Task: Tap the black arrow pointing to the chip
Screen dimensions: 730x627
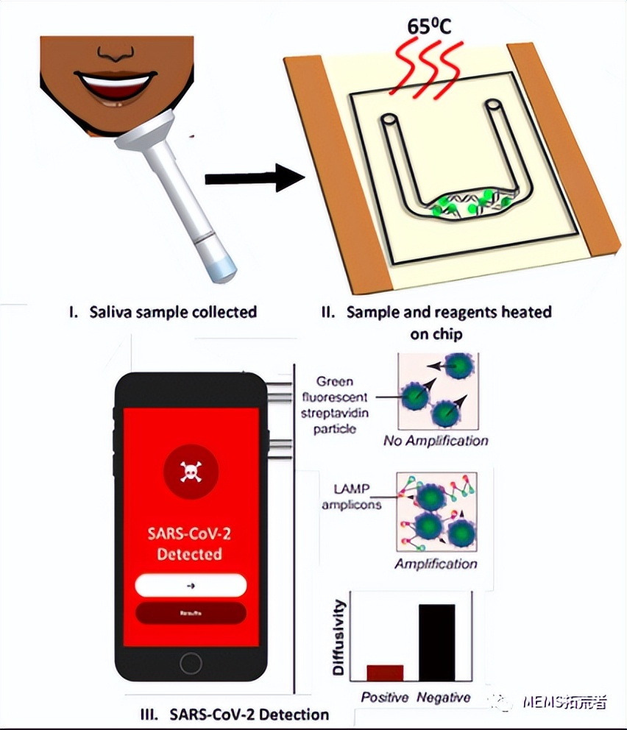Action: (x=254, y=178)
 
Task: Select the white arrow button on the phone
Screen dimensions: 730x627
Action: (x=190, y=585)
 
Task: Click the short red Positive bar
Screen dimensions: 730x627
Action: (x=385, y=673)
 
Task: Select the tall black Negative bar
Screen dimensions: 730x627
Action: (x=437, y=642)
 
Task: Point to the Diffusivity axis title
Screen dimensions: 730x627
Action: (x=339, y=637)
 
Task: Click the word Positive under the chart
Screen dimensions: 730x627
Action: (x=384, y=696)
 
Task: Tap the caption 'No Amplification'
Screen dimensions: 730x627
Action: (x=436, y=442)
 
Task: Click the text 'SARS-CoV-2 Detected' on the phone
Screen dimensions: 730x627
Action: (x=190, y=542)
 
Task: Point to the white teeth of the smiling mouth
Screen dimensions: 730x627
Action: (x=120, y=80)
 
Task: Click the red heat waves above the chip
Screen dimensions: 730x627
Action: (x=428, y=66)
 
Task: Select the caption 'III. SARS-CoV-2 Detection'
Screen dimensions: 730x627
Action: (x=234, y=713)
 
